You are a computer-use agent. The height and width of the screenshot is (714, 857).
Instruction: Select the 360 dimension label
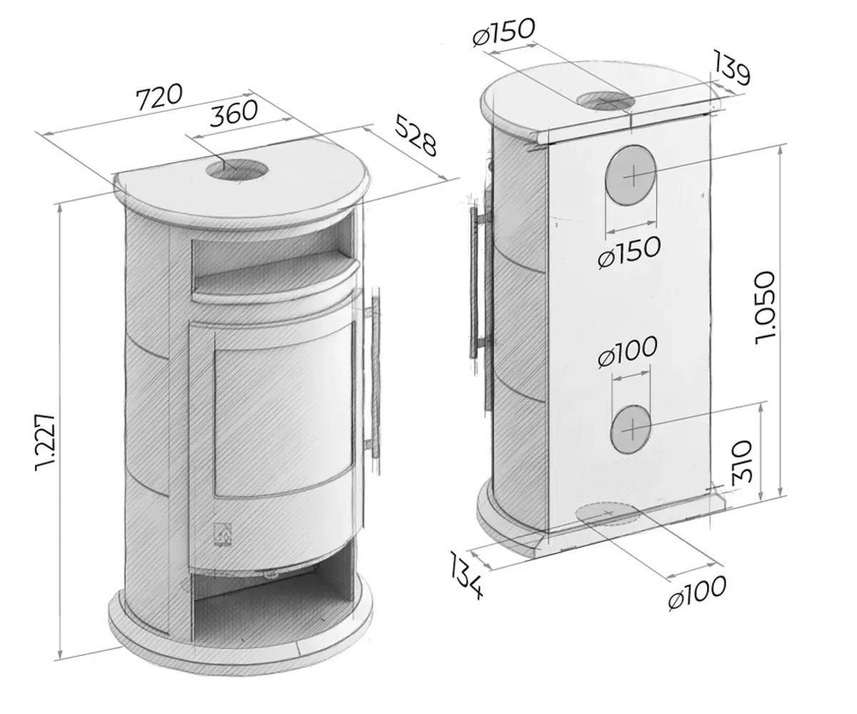click(233, 113)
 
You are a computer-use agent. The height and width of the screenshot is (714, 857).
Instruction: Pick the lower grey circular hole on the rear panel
click(631, 428)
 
